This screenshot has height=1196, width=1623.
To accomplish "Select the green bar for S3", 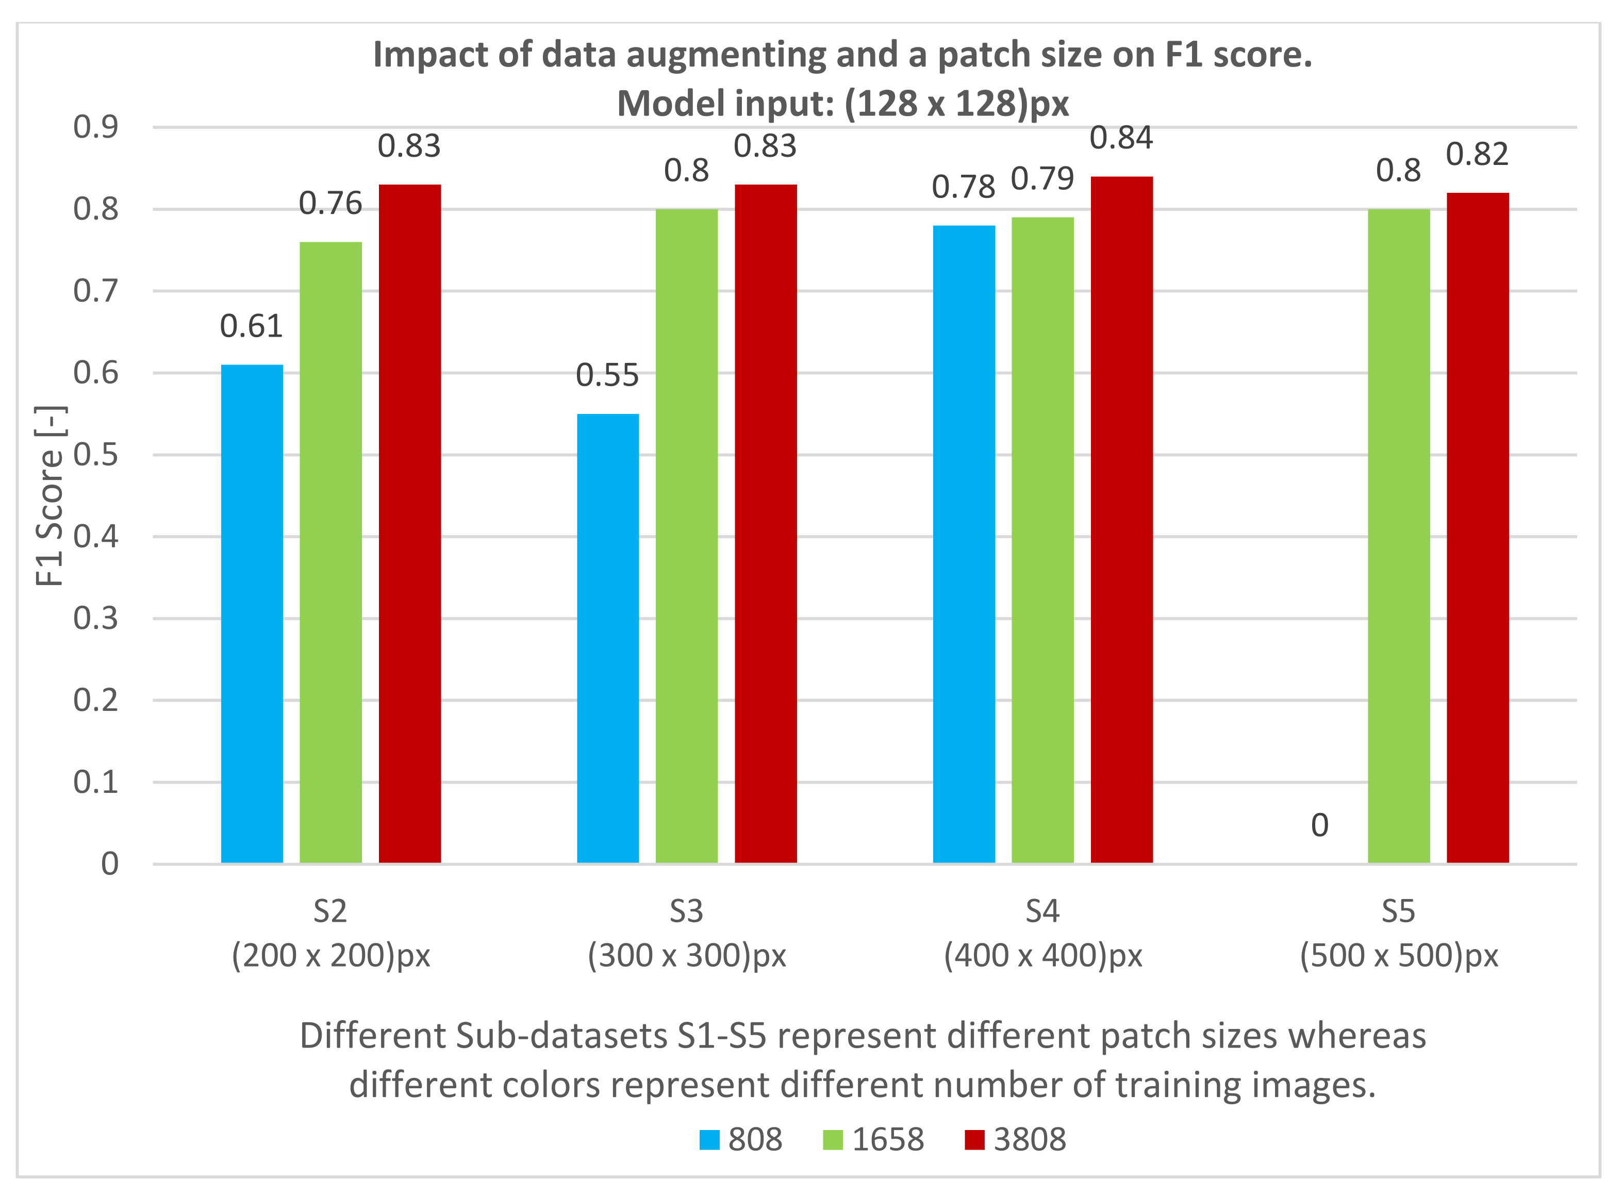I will [686, 536].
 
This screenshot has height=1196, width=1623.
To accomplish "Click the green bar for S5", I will [1399, 536].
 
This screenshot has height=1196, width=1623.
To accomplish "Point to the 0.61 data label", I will [251, 326].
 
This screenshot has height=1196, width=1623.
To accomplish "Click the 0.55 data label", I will [607, 375].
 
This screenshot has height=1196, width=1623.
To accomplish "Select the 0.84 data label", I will [1121, 138].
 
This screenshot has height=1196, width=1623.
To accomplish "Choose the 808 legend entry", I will [741, 1139].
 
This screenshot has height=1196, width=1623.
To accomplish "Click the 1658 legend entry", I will [874, 1139].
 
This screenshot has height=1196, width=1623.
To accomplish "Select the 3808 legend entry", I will [1016, 1139].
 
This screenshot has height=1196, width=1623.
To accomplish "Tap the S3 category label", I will [686, 911].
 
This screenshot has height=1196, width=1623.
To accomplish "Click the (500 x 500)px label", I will [1399, 956].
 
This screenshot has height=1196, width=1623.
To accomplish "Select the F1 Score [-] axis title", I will [50, 496].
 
